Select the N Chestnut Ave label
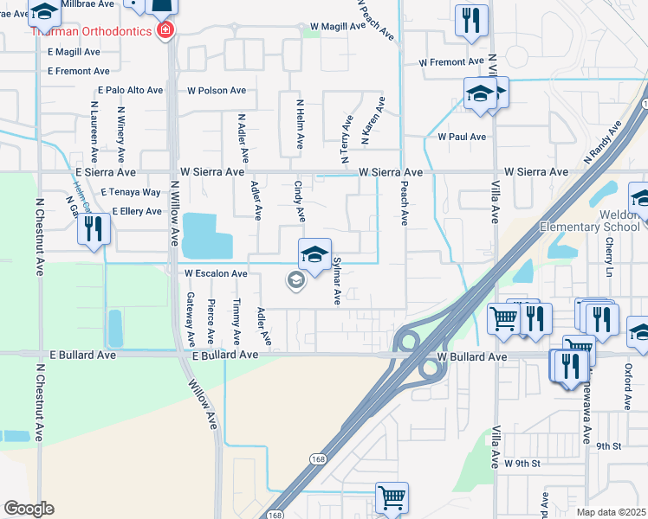pos(40,234)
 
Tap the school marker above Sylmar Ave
pos(314,254)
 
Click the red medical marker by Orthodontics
pos(165,31)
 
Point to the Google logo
pos(29,508)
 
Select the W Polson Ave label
pos(217,90)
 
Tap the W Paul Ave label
pos(461,137)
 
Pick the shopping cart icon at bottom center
pos(392,499)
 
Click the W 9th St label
pos(522,464)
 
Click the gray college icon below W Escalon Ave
pos(295,279)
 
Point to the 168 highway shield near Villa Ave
pos(321,459)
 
